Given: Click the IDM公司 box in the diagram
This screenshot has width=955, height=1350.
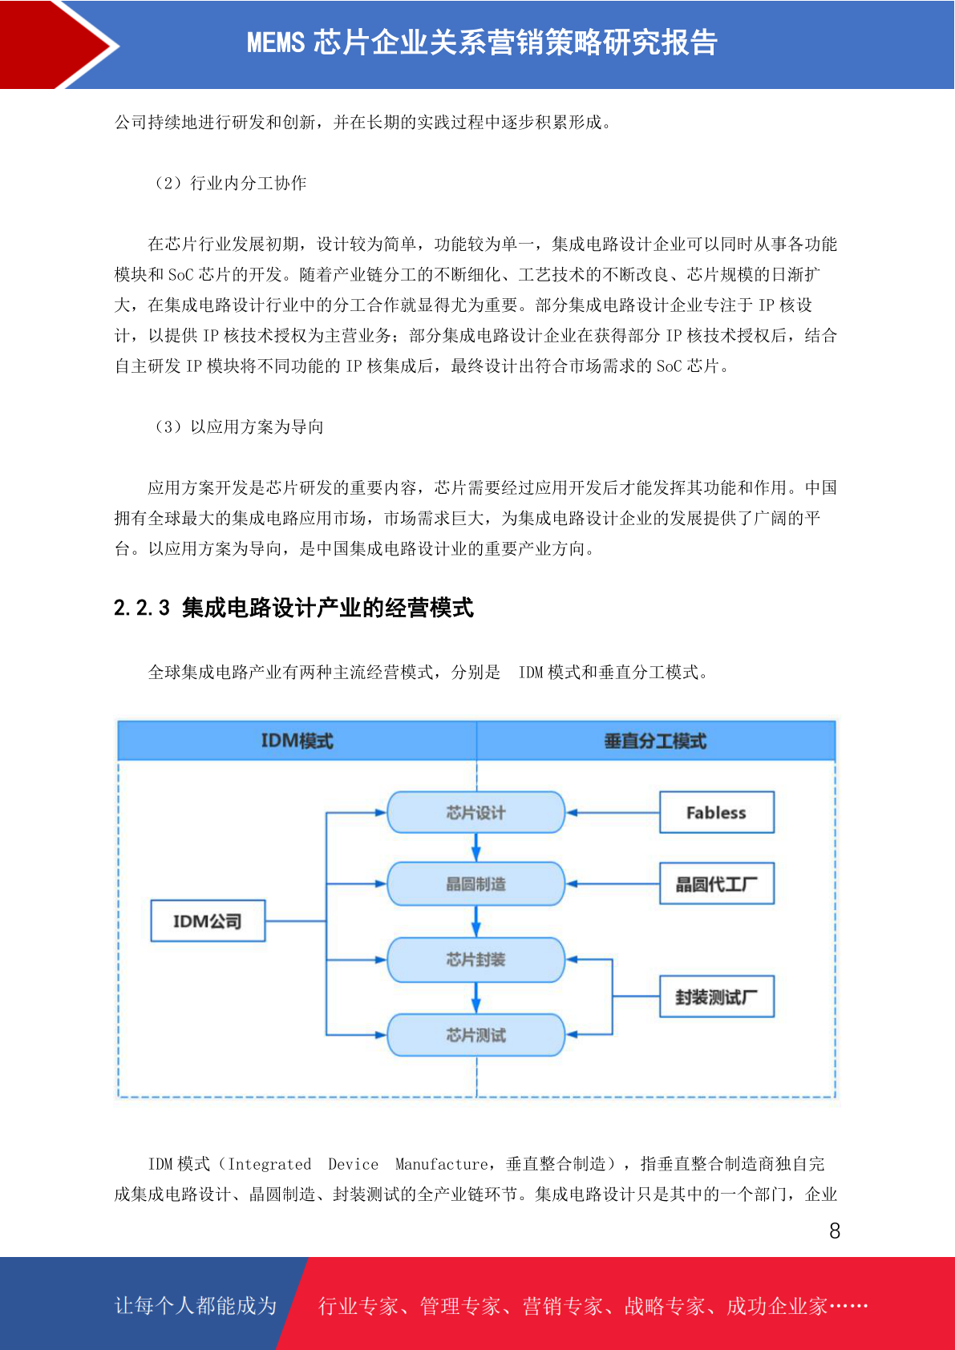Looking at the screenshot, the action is (208, 920).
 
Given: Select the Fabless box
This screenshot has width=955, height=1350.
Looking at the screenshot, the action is (716, 812).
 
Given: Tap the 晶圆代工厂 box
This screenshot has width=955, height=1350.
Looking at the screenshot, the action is (716, 883).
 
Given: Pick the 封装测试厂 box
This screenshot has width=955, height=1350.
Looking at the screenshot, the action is (716, 996).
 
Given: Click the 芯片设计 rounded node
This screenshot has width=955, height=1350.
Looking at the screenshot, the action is (475, 812).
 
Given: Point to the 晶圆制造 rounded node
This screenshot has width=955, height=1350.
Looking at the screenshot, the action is (475, 883).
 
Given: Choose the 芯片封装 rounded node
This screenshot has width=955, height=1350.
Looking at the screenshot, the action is (475, 960).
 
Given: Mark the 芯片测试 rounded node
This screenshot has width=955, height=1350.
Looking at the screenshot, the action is (475, 1035).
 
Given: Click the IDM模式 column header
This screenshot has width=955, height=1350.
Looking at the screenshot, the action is (297, 741).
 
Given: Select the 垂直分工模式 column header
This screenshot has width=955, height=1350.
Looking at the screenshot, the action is (656, 741).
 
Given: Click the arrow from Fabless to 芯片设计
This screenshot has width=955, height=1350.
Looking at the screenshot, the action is (613, 812).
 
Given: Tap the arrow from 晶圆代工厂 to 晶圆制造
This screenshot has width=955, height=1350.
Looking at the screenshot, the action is (613, 883).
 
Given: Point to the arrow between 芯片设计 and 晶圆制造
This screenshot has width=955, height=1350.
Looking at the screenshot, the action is (475, 848).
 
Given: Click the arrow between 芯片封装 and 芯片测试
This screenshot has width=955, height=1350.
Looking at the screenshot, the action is (475, 997).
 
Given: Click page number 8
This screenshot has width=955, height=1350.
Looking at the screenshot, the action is (835, 1231).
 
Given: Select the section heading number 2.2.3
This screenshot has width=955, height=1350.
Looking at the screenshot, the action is (142, 608).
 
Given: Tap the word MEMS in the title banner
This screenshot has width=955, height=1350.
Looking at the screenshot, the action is (276, 42).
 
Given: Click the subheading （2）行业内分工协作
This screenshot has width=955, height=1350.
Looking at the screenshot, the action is (230, 183).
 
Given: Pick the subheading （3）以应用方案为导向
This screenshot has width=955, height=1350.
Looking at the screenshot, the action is (239, 426).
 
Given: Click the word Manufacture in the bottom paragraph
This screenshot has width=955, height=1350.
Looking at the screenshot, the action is (441, 1164).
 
